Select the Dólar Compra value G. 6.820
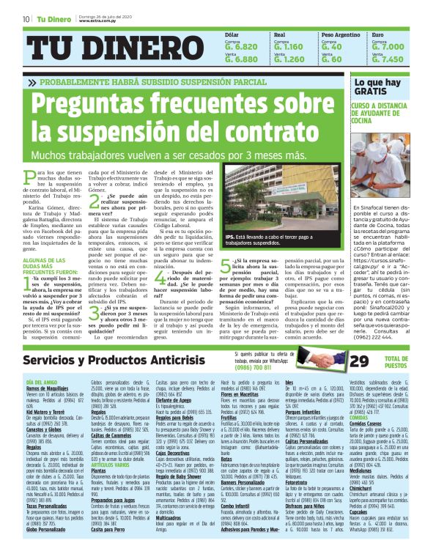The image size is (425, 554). click(x=223, y=46)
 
